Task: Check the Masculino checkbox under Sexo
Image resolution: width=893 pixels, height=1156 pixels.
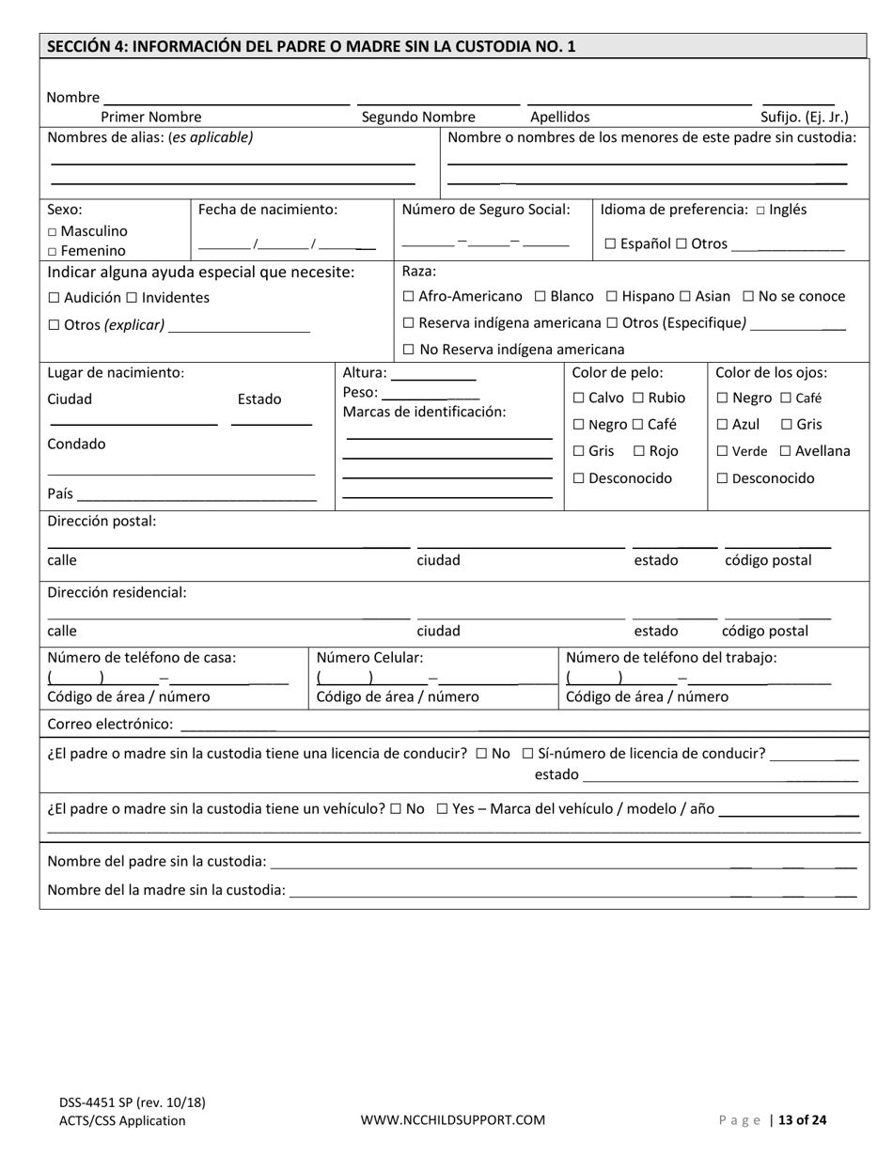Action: pyautogui.click(x=53, y=231)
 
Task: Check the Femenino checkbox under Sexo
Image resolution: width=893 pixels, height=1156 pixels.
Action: pyautogui.click(x=53, y=252)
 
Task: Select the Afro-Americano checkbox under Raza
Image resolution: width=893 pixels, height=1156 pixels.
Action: pyautogui.click(x=408, y=297)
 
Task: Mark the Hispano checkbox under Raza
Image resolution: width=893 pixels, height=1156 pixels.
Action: pyautogui.click(x=612, y=297)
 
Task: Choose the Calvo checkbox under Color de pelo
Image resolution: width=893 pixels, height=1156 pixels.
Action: pyautogui.click(x=579, y=398)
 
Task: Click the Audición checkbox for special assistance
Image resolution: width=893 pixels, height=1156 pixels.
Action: pyautogui.click(x=54, y=298)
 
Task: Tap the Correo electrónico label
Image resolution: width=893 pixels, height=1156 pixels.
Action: pyautogui.click(x=110, y=725)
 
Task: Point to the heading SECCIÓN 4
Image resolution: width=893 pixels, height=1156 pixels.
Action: pyautogui.click(x=310, y=46)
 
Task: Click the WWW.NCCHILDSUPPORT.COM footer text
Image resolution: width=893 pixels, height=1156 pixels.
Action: pyautogui.click(x=453, y=1120)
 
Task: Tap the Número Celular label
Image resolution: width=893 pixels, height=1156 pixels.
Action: pyautogui.click(x=370, y=658)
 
